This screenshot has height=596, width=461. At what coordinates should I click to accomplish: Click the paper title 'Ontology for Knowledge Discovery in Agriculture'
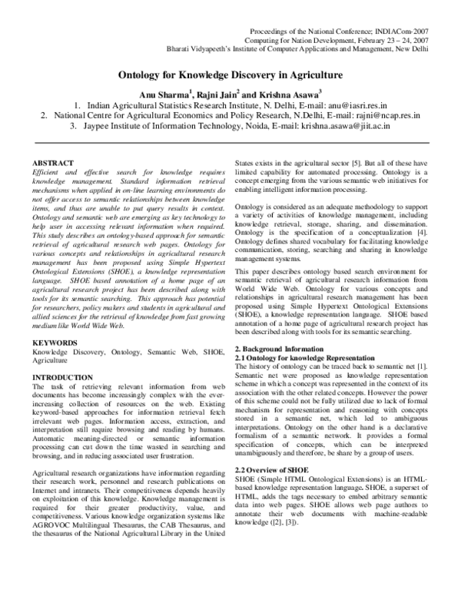coord(230,77)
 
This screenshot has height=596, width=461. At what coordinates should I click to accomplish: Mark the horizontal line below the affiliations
coord(230,143)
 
